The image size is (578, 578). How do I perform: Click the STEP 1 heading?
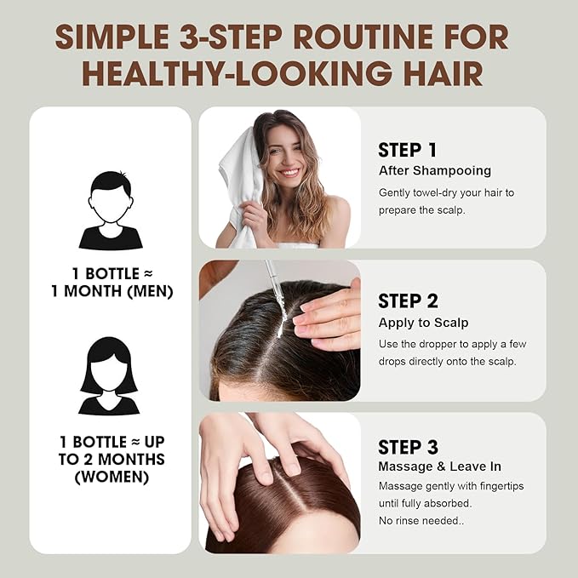[407, 150]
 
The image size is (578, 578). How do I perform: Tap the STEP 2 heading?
[408, 300]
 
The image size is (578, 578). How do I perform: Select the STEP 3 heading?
[408, 447]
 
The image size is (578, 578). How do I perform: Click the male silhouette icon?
[111, 210]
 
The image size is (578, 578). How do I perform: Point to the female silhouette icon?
[109, 376]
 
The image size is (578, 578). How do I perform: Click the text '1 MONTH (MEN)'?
[111, 292]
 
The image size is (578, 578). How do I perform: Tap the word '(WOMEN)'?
[111, 477]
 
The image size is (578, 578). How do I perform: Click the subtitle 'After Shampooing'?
[435, 171]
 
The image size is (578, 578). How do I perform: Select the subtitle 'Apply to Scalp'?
[423, 323]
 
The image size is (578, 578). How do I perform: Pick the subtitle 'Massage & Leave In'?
[439, 466]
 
